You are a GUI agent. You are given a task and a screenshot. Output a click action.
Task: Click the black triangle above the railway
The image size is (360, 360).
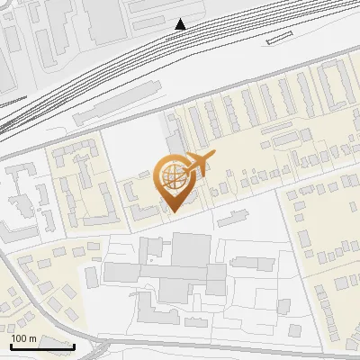(181, 24)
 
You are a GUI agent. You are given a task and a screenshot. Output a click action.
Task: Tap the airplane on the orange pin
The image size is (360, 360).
(198, 163)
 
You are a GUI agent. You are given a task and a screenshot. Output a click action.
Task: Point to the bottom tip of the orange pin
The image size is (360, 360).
(174, 212)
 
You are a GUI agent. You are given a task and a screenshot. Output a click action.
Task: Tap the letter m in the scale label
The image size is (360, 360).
(33, 337)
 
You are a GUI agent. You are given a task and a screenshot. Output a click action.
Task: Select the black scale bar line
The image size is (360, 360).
(41, 346)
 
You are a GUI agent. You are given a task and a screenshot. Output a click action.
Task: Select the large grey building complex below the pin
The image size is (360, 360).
(180, 270)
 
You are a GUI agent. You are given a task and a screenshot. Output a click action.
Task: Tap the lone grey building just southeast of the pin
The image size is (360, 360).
(232, 217)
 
